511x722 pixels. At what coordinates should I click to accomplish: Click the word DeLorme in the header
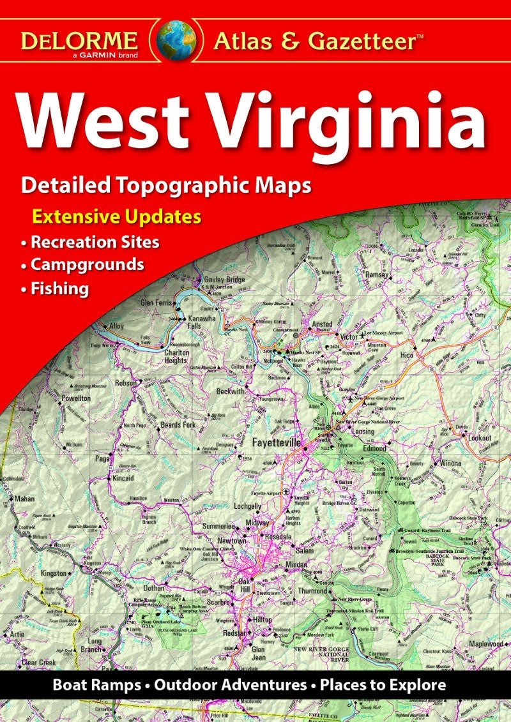pyautogui.click(x=79, y=40)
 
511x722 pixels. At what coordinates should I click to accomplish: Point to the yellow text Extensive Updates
pyautogui.click(x=117, y=216)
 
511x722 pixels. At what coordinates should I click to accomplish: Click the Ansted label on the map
pyautogui.click(x=321, y=325)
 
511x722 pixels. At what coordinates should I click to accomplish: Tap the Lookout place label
pyautogui.click(x=480, y=438)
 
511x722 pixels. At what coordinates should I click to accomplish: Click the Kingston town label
pyautogui.click(x=54, y=573)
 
